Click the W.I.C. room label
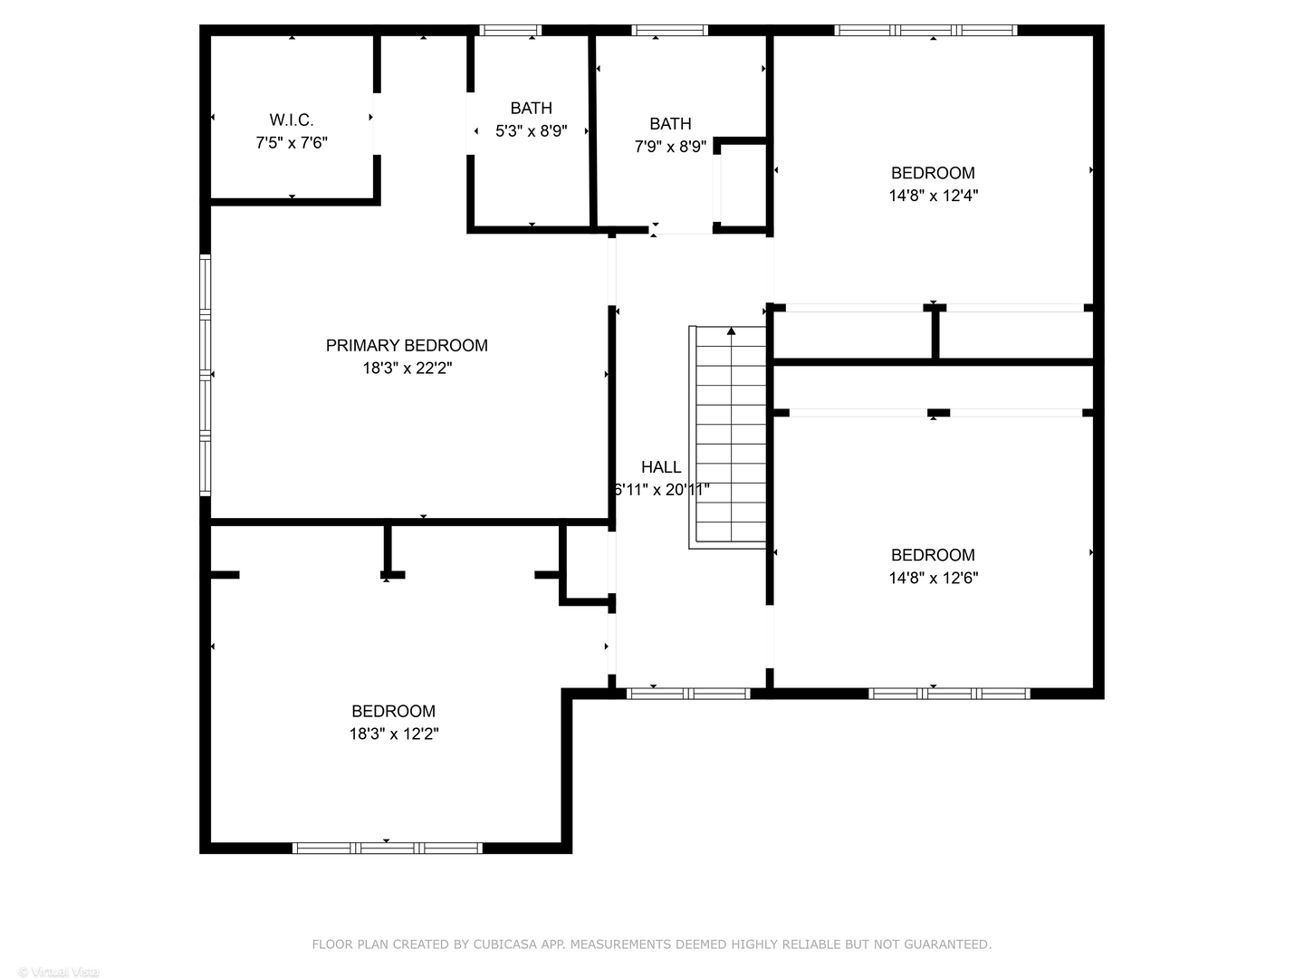[291, 120]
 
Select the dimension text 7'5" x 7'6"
[291, 143]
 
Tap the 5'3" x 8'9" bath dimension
[531, 131]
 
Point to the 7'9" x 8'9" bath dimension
[670, 147]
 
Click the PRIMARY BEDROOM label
[407, 345]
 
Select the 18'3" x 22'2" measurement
[407, 369]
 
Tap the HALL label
[661, 467]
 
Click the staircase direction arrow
[731, 332]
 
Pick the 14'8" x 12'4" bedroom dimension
[933, 196]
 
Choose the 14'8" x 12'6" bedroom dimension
[933, 578]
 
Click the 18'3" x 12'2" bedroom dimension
[394, 734]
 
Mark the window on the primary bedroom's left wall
[206, 375]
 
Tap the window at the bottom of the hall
[688, 694]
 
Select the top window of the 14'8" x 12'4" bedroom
[925, 30]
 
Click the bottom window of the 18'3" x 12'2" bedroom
[387, 849]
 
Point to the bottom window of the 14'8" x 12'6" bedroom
[949, 694]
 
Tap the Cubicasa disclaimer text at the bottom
[651, 944]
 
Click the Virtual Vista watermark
[58, 972]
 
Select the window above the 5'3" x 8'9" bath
[510, 30]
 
